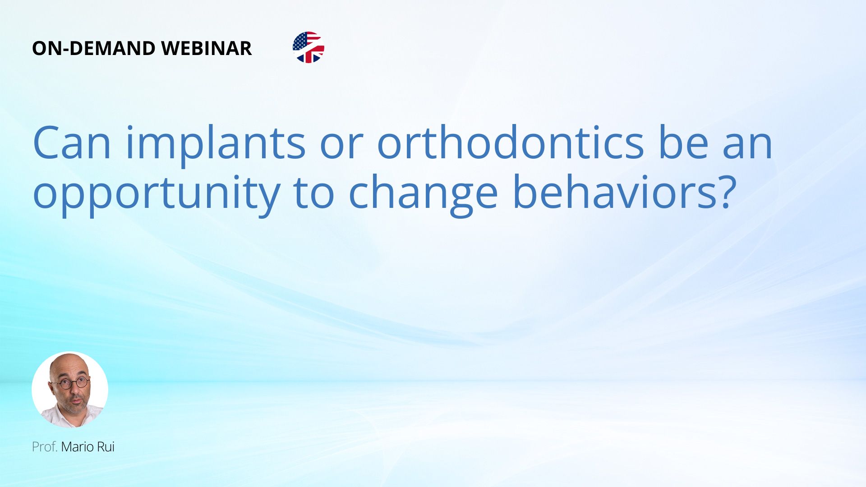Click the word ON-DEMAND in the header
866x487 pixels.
pyautogui.click(x=94, y=48)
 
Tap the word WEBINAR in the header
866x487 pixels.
pyautogui.click(x=206, y=48)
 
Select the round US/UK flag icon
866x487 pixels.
pyautogui.click(x=309, y=47)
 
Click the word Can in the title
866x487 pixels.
pyautogui.click(x=72, y=143)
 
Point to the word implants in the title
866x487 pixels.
pyautogui.click(x=216, y=144)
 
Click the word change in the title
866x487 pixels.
pyautogui.click(x=423, y=194)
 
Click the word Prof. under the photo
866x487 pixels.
pyautogui.click(x=45, y=447)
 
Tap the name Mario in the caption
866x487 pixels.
pyautogui.click(x=77, y=447)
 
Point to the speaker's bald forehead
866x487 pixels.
pyautogui.click(x=68, y=366)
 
